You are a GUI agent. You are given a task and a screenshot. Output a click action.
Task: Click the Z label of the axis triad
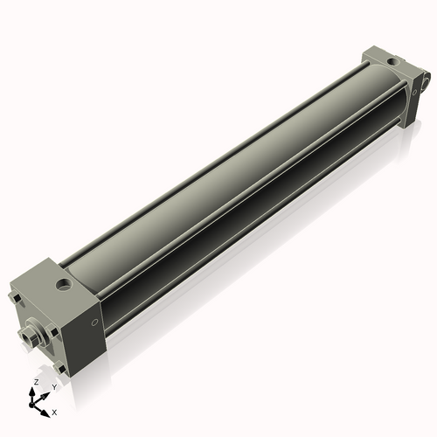(x=36, y=383)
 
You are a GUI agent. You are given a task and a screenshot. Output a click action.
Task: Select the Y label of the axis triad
(x=54, y=385)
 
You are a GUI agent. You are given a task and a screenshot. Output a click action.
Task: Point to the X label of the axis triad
(x=54, y=411)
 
